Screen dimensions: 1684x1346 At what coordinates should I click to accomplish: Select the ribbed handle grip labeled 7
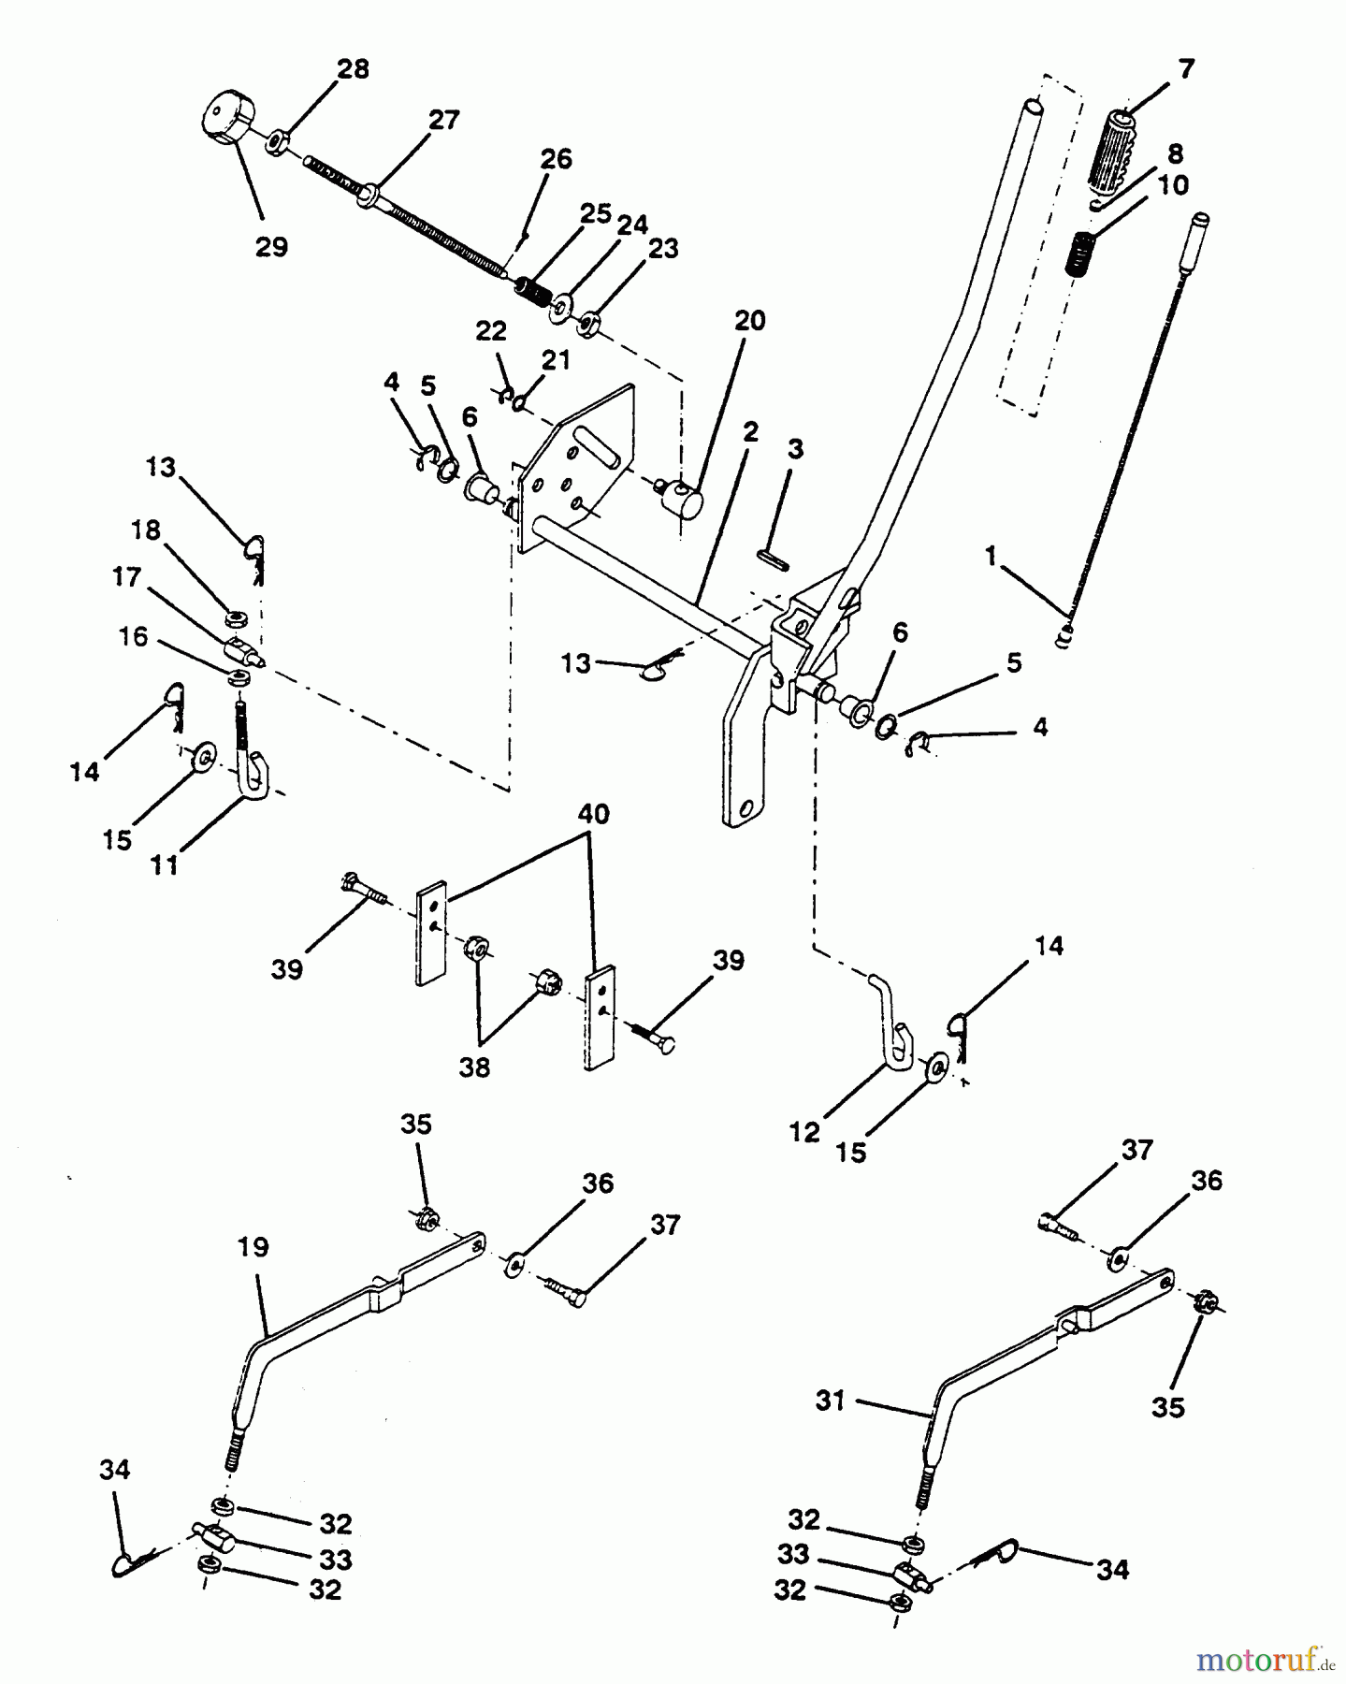click(1110, 150)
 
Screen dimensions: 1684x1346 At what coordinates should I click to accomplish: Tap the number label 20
click(749, 321)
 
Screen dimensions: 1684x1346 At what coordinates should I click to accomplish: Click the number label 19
click(253, 1247)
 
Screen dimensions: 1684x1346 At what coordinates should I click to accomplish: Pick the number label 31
click(830, 1401)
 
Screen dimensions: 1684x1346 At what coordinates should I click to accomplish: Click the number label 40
click(593, 815)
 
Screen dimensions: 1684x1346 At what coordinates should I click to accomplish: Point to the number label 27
click(444, 121)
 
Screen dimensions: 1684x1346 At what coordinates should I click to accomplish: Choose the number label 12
click(804, 1132)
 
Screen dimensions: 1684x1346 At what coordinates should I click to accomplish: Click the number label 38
click(474, 1067)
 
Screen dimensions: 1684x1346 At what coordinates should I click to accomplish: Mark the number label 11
click(165, 865)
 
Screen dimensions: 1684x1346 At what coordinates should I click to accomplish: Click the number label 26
click(557, 159)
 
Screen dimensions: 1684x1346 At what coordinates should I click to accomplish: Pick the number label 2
click(750, 431)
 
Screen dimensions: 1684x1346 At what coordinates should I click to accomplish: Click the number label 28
click(353, 70)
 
